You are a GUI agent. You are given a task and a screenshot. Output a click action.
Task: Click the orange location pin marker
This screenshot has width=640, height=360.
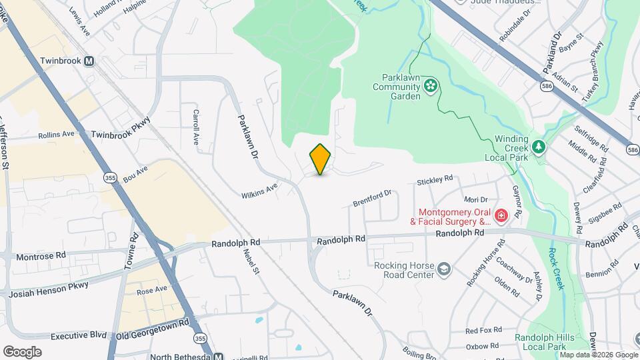[321, 159]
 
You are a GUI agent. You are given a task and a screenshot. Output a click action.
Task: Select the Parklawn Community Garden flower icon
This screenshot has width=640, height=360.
[431, 85]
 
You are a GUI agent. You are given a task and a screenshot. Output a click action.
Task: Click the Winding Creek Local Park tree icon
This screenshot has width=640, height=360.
[538, 147]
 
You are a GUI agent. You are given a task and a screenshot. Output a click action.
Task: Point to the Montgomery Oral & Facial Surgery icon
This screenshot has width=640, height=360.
[500, 215]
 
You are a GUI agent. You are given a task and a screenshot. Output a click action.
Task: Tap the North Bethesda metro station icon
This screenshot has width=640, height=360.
[218, 355]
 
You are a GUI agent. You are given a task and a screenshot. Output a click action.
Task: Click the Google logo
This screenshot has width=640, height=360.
[22, 351]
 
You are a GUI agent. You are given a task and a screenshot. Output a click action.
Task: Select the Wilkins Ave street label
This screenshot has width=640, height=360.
[259, 191]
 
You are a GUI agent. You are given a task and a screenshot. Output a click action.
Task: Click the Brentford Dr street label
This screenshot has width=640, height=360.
[372, 199]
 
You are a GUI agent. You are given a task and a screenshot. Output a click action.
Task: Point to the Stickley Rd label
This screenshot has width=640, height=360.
[435, 180]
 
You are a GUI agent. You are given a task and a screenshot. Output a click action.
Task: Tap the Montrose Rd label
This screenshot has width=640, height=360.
[41, 255]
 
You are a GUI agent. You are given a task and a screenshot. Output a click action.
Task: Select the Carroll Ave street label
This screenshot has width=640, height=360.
[196, 127]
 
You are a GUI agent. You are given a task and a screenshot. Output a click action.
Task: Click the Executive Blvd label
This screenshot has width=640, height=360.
[78, 335]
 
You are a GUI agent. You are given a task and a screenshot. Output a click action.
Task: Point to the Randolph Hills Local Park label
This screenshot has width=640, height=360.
[544, 342]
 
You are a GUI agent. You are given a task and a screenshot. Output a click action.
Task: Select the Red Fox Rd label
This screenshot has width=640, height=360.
[483, 330]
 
